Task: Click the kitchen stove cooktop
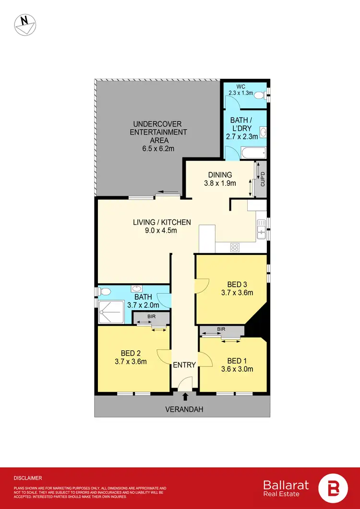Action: tap(235, 247)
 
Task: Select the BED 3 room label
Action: tap(237, 284)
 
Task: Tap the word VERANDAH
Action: tap(185, 410)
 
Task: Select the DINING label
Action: tap(220, 175)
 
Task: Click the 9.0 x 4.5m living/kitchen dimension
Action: tap(162, 230)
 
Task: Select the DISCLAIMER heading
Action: tap(28, 478)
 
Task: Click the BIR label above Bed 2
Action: tap(151, 317)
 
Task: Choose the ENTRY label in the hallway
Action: tap(185, 365)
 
